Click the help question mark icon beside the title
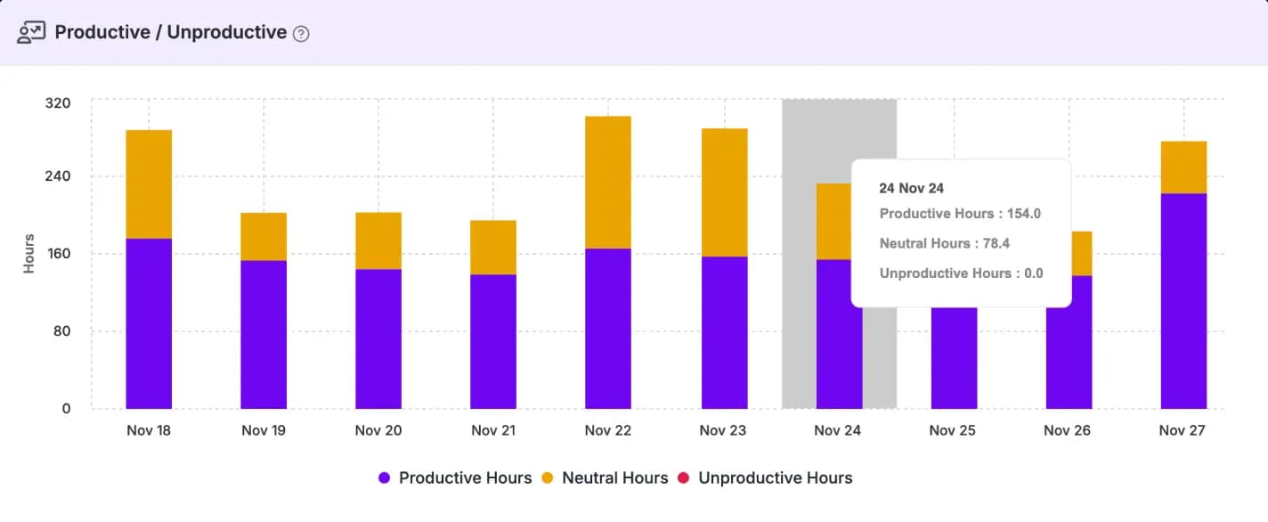[x=301, y=34]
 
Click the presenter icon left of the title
[x=31, y=33]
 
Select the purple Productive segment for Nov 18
[x=149, y=323]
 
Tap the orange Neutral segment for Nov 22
[x=608, y=183]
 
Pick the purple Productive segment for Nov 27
[x=1183, y=301]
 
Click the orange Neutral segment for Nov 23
[x=724, y=192]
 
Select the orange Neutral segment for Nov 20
[x=378, y=241]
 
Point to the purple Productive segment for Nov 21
[x=493, y=341]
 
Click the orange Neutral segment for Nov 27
[x=1183, y=167]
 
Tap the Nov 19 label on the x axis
[x=264, y=430]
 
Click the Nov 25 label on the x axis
[x=953, y=430]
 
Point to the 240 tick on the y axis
[x=58, y=176]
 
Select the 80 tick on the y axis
[x=61, y=331]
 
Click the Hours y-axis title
[x=28, y=254]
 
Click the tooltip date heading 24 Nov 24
[x=911, y=188]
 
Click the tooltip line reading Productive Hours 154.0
[x=960, y=214]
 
